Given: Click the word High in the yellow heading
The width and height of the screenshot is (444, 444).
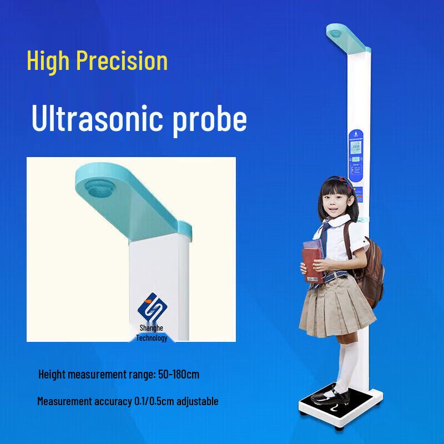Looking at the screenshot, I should (48, 60).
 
